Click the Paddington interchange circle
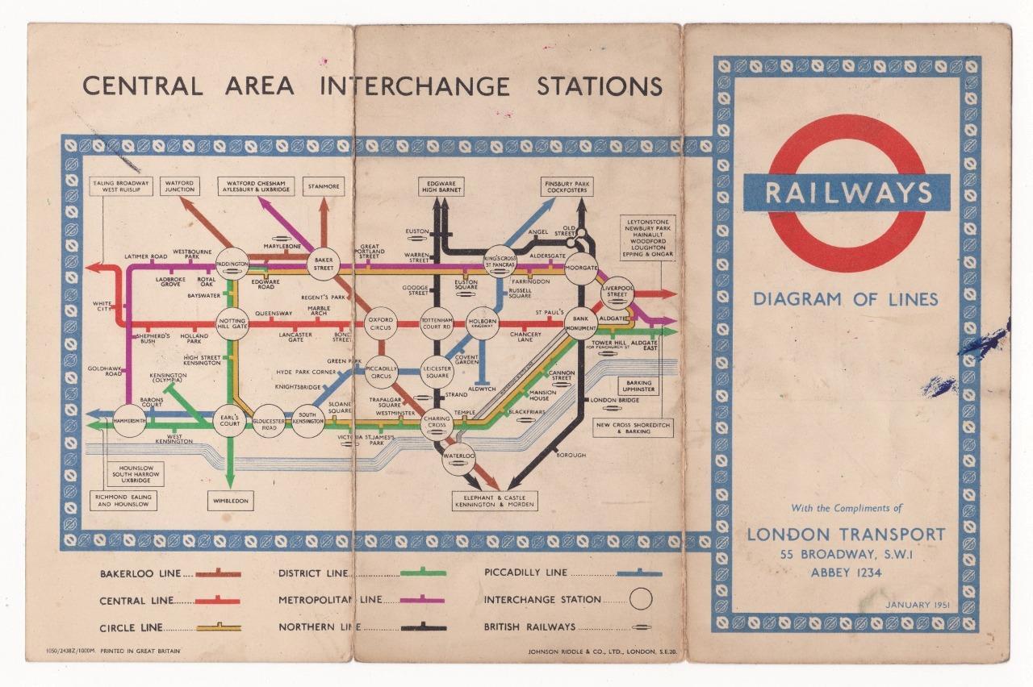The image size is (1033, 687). click(x=232, y=264)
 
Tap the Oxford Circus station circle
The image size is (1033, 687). click(x=381, y=324)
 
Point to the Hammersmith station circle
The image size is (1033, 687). click(x=129, y=420)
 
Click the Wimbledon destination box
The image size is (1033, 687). click(x=230, y=501)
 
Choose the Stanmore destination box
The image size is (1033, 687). click(x=324, y=187)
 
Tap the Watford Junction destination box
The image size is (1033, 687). click(x=180, y=187)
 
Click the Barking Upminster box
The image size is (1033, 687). click(x=638, y=385)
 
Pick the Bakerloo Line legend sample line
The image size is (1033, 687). click(x=217, y=573)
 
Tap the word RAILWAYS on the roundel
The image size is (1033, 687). click(x=847, y=194)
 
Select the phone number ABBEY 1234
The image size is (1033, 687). click(x=846, y=572)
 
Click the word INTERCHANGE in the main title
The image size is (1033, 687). click(x=415, y=85)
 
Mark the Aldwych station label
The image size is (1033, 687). click(x=481, y=389)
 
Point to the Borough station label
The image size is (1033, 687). click(x=571, y=456)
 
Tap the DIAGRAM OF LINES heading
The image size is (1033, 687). click(x=846, y=299)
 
